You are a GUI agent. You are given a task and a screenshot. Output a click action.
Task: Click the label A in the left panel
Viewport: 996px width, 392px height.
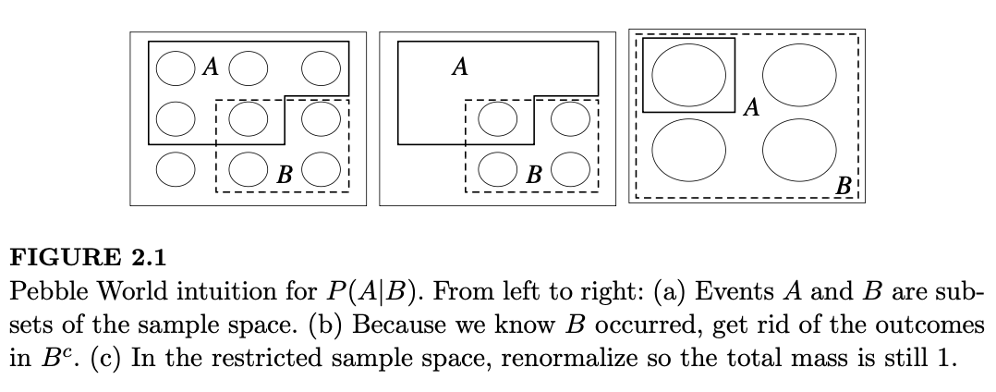tap(210, 67)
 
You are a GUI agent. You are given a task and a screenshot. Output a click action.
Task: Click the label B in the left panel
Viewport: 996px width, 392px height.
tap(285, 173)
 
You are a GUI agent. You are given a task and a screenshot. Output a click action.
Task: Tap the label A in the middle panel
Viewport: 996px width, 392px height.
tap(459, 67)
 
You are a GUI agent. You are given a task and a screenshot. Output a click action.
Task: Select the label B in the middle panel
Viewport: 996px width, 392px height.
tap(533, 173)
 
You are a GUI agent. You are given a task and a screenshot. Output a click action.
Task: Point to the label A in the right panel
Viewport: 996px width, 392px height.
tap(751, 109)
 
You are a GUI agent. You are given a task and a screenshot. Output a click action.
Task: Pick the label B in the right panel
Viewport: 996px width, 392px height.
tap(843, 186)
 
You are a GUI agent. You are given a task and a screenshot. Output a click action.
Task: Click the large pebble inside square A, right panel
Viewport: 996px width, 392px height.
tap(688, 75)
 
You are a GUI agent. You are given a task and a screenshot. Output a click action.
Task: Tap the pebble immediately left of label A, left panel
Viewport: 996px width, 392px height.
tap(173, 67)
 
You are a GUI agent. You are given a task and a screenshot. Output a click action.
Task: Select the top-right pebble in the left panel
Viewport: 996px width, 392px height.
tap(321, 67)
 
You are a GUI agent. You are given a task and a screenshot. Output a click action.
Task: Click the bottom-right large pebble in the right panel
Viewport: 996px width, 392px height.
tap(799, 151)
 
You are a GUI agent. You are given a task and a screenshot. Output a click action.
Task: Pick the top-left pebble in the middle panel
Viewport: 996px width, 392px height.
tap(499, 117)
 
